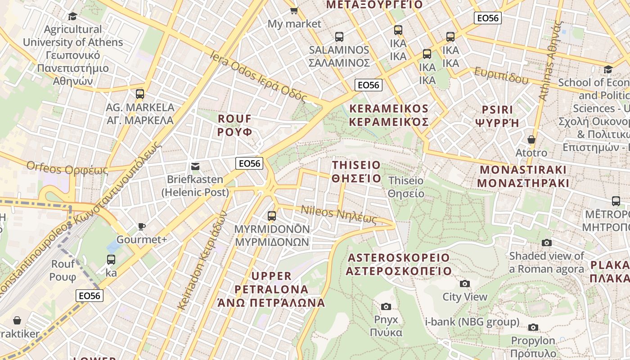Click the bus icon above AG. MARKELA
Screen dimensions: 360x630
pos(140,94)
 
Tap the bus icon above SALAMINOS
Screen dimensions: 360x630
pos(339,37)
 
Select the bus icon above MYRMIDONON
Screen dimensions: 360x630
pos(272,216)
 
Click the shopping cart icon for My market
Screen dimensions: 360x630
pos(294,10)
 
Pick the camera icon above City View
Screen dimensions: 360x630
pos(465,283)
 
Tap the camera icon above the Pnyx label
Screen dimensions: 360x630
pos(386,306)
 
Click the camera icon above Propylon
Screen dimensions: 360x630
pos(533,327)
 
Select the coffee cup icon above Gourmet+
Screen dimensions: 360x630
pos(142,226)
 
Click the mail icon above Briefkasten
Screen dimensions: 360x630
pos(195,166)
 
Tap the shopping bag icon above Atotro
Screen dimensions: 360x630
pos(531,139)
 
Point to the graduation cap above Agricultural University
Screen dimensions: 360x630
pos(72,17)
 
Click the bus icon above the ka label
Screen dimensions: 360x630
pos(111,260)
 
